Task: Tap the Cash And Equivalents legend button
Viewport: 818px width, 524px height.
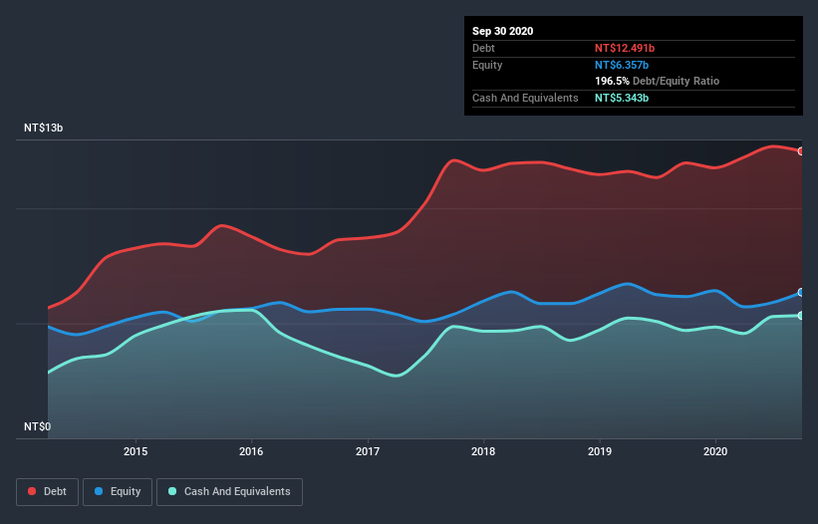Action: point(229,491)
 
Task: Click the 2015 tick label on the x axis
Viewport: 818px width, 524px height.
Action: point(136,451)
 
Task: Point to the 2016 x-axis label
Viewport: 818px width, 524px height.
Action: point(251,451)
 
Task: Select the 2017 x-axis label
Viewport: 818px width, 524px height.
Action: point(368,451)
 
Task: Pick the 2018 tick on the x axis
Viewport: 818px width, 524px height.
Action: point(483,451)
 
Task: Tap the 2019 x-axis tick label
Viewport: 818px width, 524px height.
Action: point(600,451)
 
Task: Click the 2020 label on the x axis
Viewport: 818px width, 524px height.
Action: point(715,451)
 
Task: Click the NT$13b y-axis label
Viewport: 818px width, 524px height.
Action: point(45,129)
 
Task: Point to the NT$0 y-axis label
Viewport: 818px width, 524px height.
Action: point(37,426)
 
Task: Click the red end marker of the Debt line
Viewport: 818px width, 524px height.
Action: point(801,151)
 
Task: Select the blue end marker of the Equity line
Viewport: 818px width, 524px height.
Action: point(801,293)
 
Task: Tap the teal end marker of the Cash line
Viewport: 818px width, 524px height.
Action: point(801,316)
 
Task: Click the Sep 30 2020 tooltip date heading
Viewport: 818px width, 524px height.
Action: point(502,31)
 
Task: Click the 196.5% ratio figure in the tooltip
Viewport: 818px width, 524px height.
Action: point(612,81)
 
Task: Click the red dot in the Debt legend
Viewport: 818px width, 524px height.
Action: point(33,491)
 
